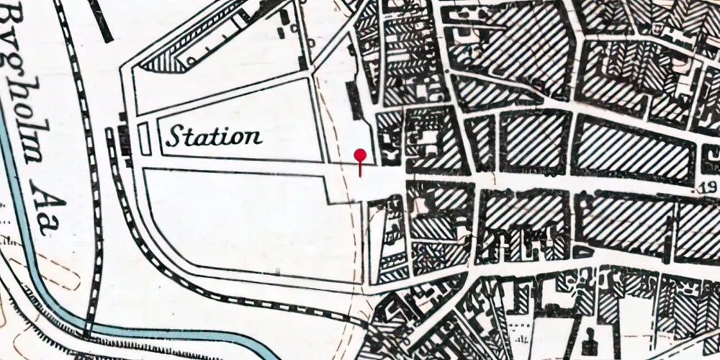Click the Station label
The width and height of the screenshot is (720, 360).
click(x=214, y=135)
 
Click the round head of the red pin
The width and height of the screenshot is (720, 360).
click(x=360, y=156)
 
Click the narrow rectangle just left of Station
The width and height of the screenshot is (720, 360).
click(x=143, y=138)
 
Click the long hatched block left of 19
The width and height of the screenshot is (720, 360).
click(x=634, y=149)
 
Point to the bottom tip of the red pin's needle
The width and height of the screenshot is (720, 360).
click(x=360, y=176)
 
